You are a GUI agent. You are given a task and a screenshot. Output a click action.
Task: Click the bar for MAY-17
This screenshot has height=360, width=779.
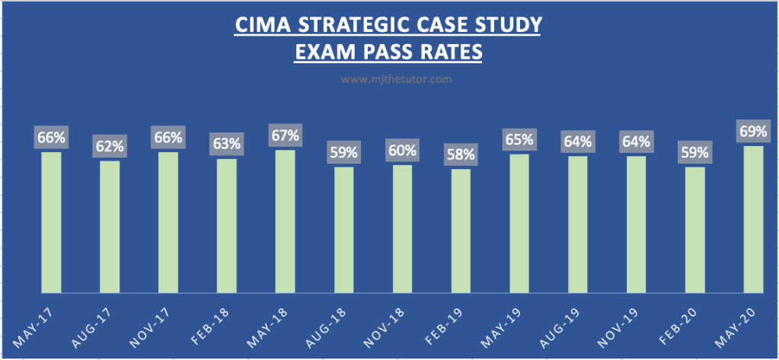click(x=51, y=221)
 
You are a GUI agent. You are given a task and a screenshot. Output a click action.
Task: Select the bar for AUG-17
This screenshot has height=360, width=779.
click(x=110, y=226)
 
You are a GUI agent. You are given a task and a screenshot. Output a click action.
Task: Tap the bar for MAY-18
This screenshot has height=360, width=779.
click(x=285, y=221)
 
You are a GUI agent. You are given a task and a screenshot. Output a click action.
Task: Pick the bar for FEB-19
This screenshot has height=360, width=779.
click(x=461, y=230)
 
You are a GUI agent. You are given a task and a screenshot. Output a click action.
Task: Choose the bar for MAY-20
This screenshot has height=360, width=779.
click(x=753, y=218)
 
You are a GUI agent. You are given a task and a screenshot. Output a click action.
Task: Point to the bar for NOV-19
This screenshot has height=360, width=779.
click(x=636, y=224)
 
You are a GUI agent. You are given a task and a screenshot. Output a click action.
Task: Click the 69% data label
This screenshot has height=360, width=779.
click(x=753, y=131)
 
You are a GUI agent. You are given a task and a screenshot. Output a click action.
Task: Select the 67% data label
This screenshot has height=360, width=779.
click(x=285, y=135)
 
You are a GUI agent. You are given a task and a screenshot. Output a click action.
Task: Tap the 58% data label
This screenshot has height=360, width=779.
click(x=461, y=155)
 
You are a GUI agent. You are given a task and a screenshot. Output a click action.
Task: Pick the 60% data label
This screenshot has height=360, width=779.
click(x=402, y=150)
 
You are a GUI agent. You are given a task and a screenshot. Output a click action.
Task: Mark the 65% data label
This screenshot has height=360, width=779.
click(x=519, y=139)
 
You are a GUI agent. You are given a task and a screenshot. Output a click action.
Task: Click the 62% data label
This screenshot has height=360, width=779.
click(x=110, y=146)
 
